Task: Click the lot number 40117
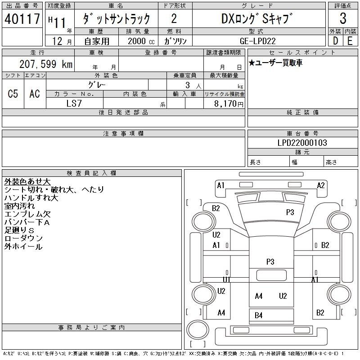[x=22, y=19]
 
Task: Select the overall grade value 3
[x=343, y=18]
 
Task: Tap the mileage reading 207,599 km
[x=46, y=64]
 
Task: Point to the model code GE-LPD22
[x=257, y=41]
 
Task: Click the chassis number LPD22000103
[x=302, y=143]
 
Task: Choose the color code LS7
[x=74, y=103]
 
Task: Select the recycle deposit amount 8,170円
[x=229, y=104]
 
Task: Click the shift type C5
[x=13, y=94]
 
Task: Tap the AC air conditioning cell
[x=35, y=94]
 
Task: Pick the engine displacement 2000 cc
[x=141, y=41]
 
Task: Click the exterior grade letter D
[x=335, y=41]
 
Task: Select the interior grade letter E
[x=350, y=41]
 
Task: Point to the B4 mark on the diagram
[x=258, y=315]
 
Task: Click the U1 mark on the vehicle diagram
[x=226, y=279]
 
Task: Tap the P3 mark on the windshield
[x=290, y=212]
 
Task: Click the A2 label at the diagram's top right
[x=321, y=185]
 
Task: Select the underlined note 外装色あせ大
[x=27, y=182]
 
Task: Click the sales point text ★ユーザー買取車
[x=275, y=63]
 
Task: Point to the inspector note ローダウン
[x=23, y=238]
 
